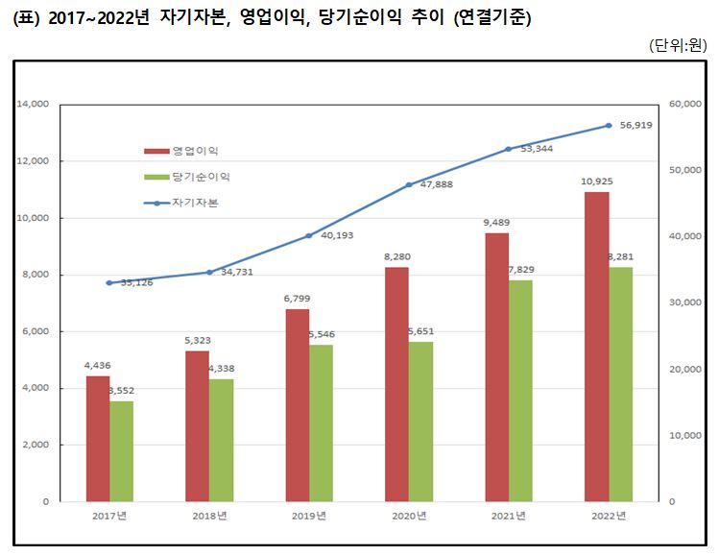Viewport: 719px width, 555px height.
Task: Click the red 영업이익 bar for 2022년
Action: pyautogui.click(x=596, y=347)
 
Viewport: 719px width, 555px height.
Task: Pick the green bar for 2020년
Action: pyautogui.click(x=420, y=422)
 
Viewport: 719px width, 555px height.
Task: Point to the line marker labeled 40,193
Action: pyautogui.click(x=309, y=235)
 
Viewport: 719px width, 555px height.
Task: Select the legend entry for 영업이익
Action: pyautogui.click(x=182, y=151)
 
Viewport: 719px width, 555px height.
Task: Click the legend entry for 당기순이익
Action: pyautogui.click(x=188, y=177)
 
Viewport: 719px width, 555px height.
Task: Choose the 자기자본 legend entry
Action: pyautogui.click(x=182, y=203)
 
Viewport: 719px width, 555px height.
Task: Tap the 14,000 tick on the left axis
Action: pyautogui.click(x=33, y=105)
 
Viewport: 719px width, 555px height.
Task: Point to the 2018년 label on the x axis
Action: pyautogui.click(x=208, y=517)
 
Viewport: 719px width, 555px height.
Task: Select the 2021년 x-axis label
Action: pyautogui.click(x=508, y=517)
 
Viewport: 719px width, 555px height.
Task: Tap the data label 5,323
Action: pyautogui.click(x=197, y=341)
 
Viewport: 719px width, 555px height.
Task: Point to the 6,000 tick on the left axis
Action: pyautogui.click(x=35, y=331)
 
